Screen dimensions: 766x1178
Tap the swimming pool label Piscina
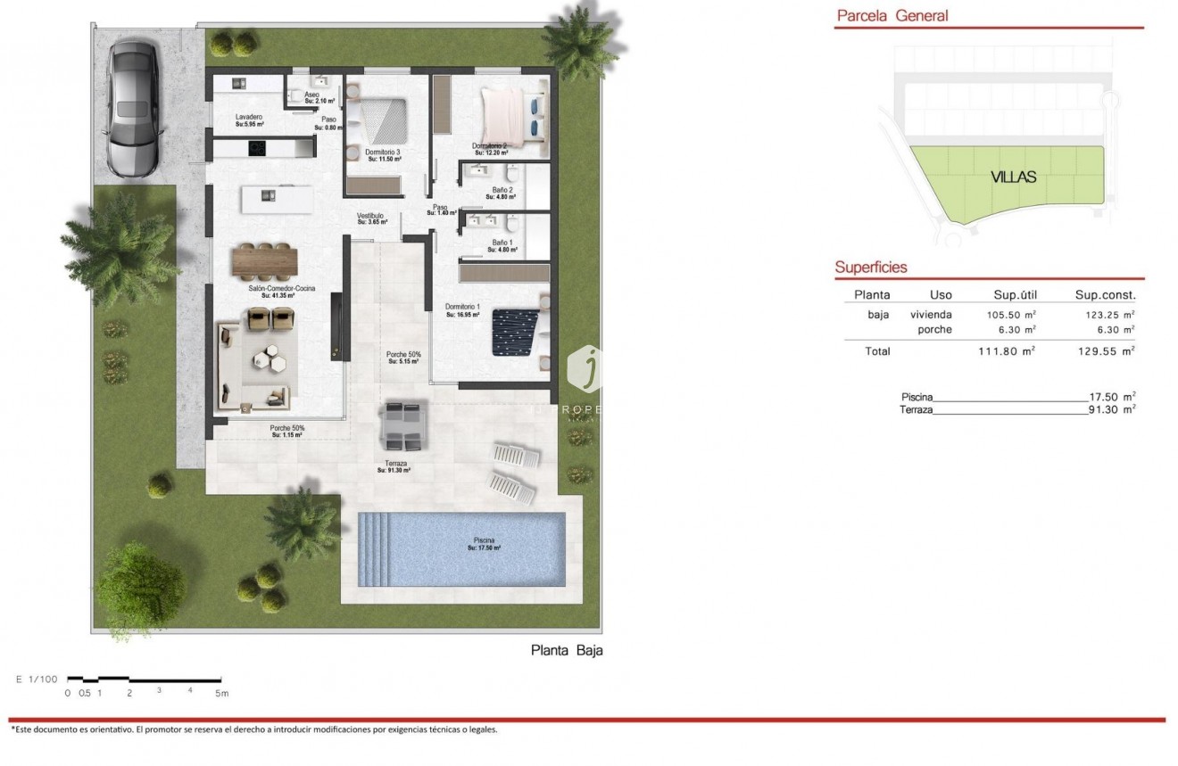coord(484,540)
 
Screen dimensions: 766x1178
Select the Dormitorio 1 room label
coord(462,307)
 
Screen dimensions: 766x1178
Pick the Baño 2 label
coord(502,190)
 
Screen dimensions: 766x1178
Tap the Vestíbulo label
coord(370,216)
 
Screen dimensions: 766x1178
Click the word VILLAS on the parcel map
coord(1013,177)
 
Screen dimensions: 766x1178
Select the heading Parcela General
coord(892,15)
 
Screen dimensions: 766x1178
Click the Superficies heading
coord(871,267)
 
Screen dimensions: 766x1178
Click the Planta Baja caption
coord(567,650)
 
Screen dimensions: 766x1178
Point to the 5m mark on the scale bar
coord(220,692)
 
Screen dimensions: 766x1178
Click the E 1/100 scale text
coord(36,680)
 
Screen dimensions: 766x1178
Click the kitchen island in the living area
coord(277,198)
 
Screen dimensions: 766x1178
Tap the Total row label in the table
coord(877,351)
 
